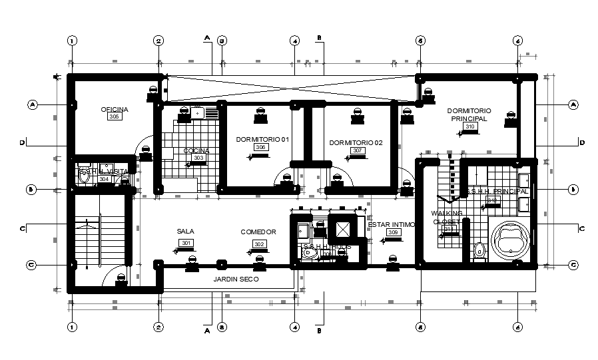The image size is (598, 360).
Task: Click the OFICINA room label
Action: [115, 109]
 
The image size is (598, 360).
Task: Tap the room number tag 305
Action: [114, 117]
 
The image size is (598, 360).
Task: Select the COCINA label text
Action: [196, 151]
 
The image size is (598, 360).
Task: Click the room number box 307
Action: [357, 151]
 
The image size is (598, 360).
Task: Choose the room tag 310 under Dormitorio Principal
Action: [469, 127]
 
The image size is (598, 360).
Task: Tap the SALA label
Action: [185, 232]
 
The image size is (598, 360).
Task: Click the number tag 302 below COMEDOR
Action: [258, 244]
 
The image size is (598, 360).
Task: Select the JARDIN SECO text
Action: [236, 279]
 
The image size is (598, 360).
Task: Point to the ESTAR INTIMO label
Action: [392, 225]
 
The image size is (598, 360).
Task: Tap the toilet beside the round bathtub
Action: [479, 251]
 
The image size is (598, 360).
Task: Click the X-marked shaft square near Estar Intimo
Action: [343, 229]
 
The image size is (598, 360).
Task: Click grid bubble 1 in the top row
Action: [72, 41]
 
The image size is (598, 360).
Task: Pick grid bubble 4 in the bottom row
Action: [294, 327]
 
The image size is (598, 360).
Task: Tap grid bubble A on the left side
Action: [31, 104]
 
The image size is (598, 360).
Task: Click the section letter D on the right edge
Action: [581, 143]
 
